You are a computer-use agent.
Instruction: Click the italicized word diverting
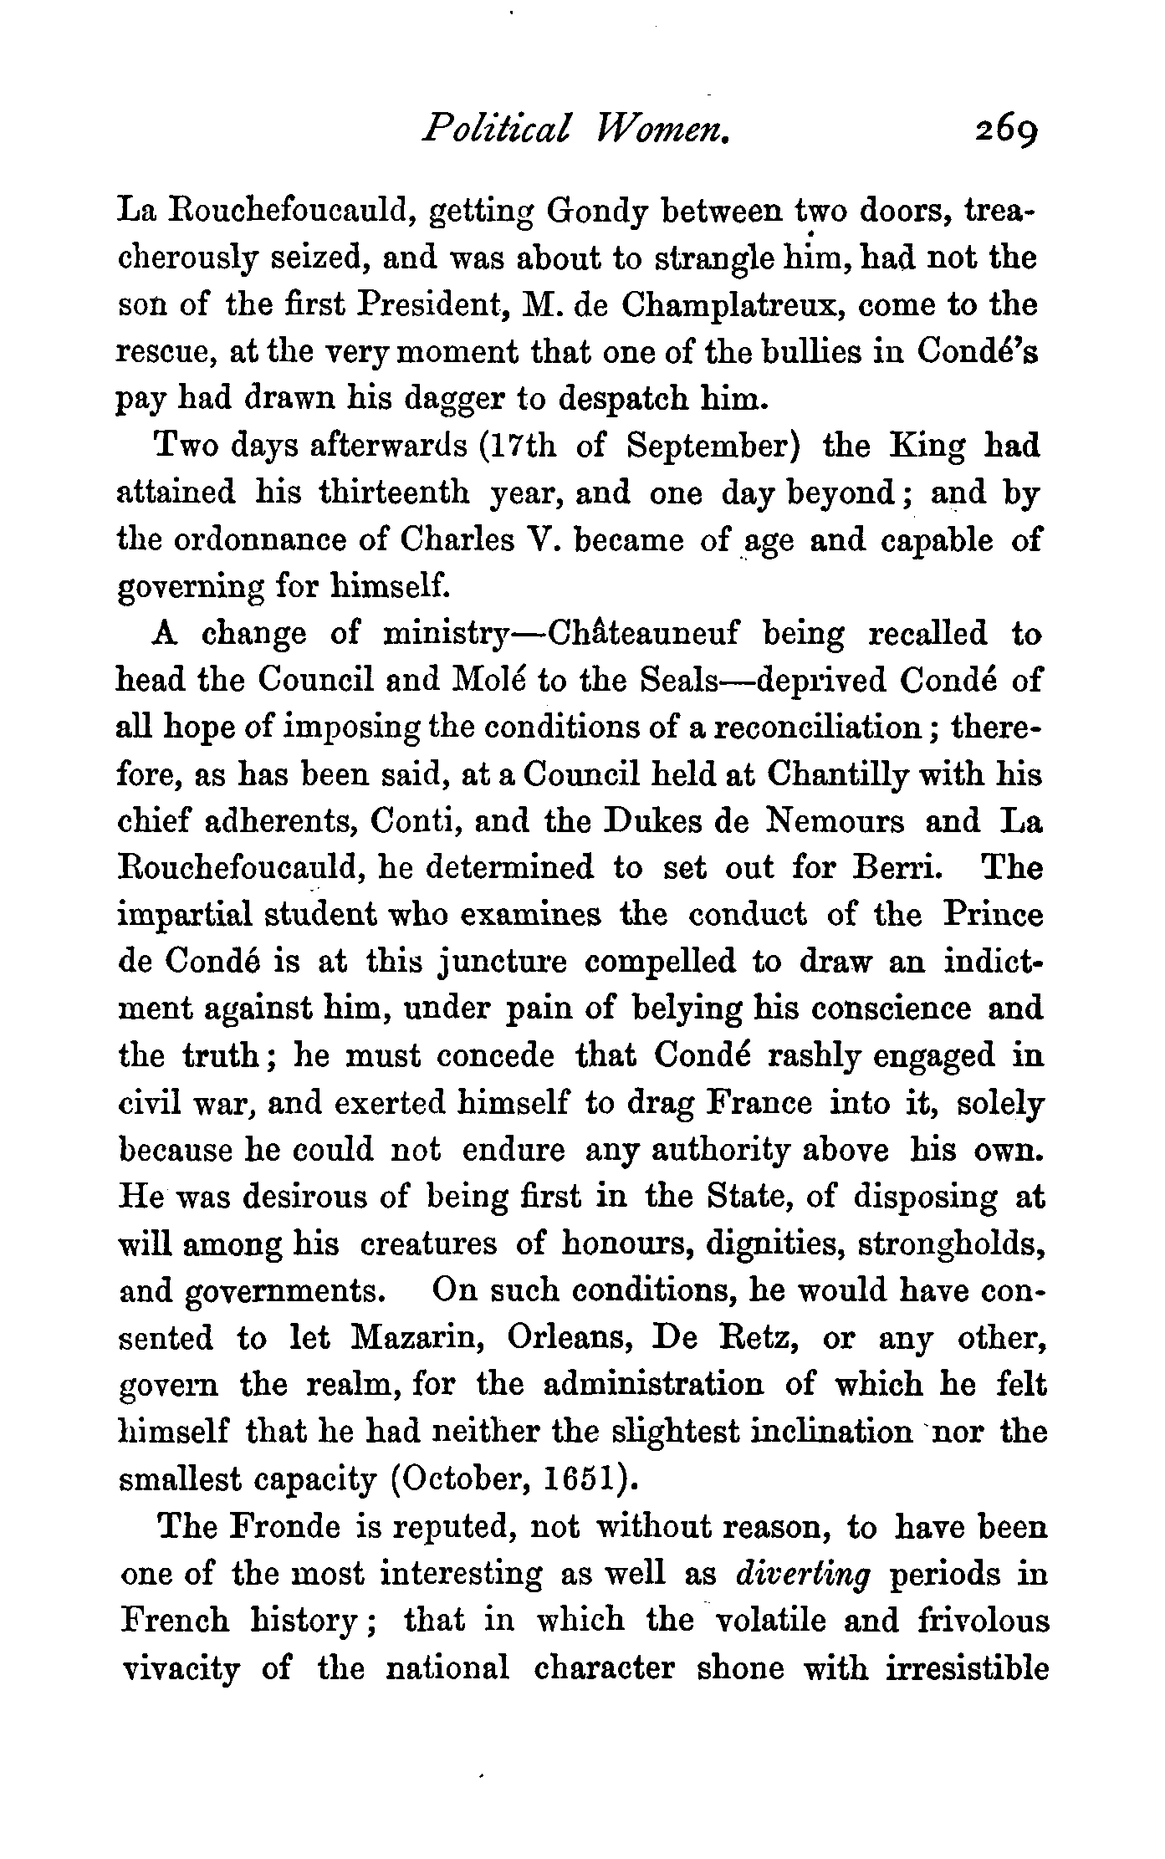click(803, 1573)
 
